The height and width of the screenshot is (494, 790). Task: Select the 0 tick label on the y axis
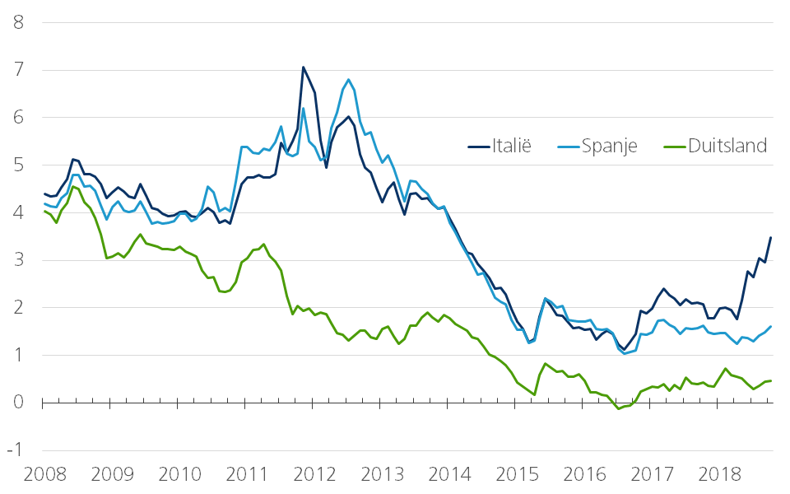point(18,403)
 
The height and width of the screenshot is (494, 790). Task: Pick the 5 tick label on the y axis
point(18,165)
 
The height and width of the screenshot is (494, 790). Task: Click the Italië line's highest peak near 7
point(303,68)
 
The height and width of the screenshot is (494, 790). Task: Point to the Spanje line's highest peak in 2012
point(349,80)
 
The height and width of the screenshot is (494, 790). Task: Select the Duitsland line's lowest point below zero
point(619,408)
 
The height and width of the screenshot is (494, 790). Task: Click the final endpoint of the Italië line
point(770,238)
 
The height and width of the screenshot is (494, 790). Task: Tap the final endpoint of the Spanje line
point(770,326)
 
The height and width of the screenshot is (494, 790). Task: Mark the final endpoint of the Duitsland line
point(770,380)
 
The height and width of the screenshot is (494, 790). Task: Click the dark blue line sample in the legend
point(478,147)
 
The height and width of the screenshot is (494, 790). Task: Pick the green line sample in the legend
point(672,147)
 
